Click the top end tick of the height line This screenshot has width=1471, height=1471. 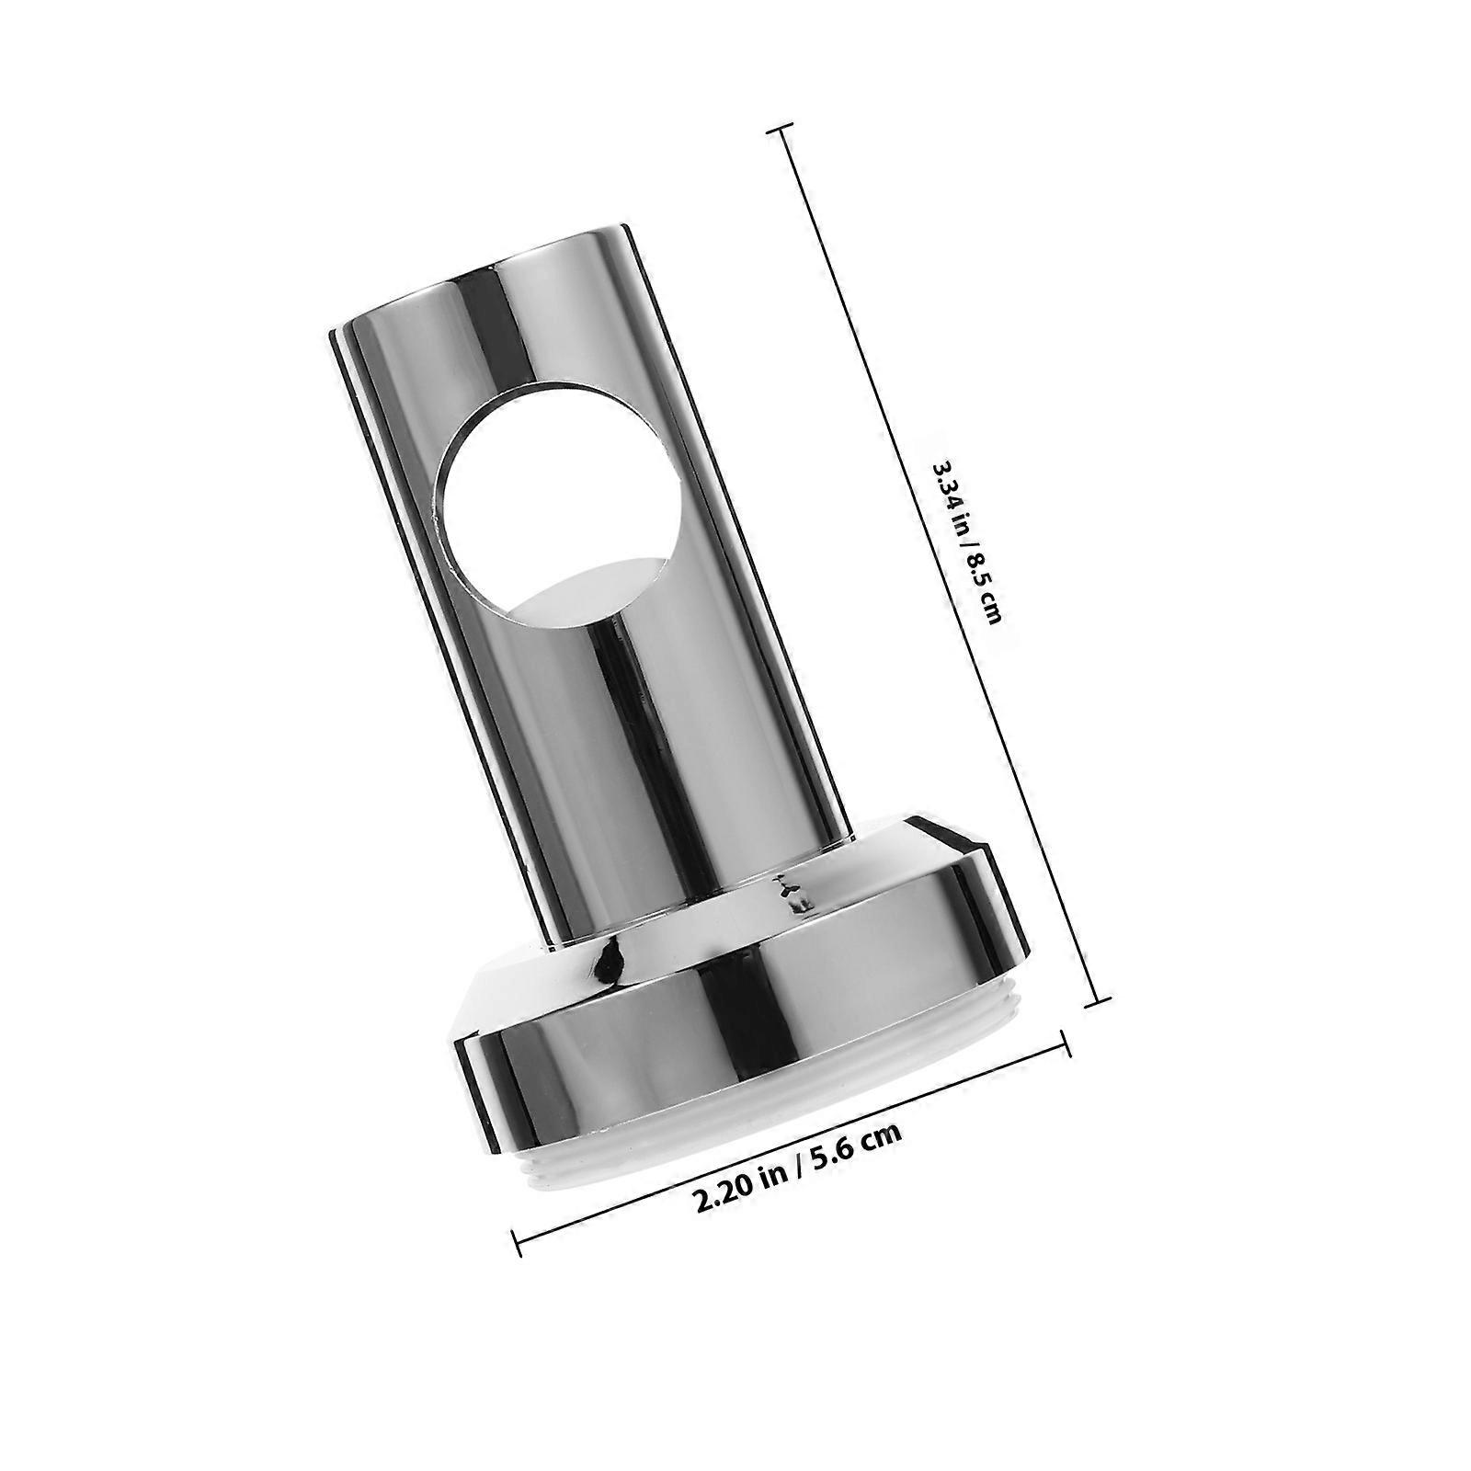[x=781, y=131]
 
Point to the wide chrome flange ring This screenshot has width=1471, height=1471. [x=735, y=1039]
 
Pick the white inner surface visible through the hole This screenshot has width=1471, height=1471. [x=588, y=588]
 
